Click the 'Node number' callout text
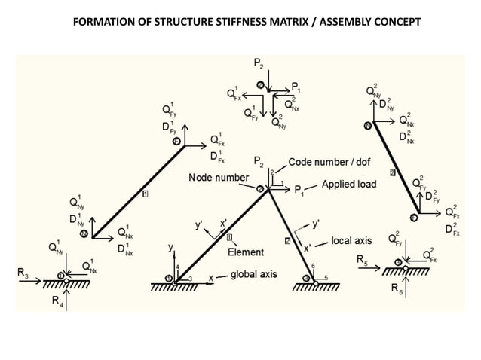pos(218,177)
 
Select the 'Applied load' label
pos(348,184)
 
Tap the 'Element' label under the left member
pos(246,252)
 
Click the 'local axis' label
pos(353,242)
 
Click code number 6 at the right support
pos(312,266)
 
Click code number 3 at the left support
pos(190,279)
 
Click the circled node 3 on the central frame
pos(261,189)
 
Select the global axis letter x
pos(211,276)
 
